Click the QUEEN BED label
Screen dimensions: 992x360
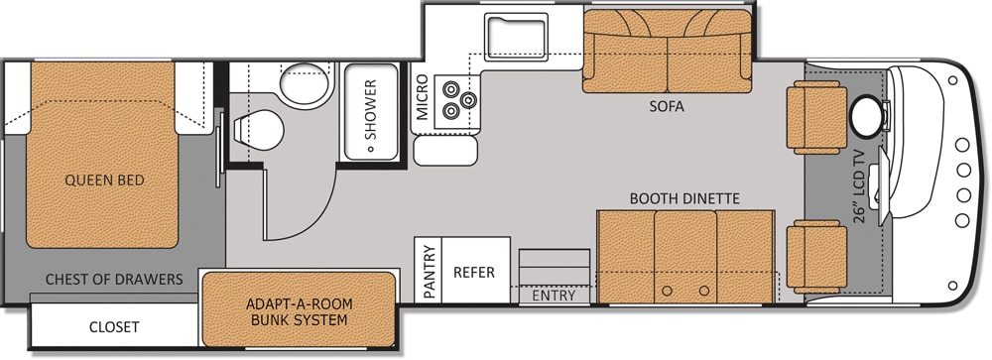104,180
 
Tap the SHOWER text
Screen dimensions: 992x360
370,109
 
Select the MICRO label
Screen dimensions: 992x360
422,97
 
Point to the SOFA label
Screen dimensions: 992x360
667,106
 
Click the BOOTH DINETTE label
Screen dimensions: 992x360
684,198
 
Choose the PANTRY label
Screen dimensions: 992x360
430,272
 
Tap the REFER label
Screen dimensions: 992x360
474,272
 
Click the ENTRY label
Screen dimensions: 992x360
554,296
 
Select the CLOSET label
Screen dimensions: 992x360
114,327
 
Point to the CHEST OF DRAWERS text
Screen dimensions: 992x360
114,279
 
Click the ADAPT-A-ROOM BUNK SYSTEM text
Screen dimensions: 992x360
300,312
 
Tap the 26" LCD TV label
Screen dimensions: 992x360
858,185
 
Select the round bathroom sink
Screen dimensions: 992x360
306,84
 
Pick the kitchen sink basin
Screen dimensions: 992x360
516,37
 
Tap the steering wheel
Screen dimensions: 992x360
867,116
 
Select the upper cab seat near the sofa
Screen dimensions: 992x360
816,118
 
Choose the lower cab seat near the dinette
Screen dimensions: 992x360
816,257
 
